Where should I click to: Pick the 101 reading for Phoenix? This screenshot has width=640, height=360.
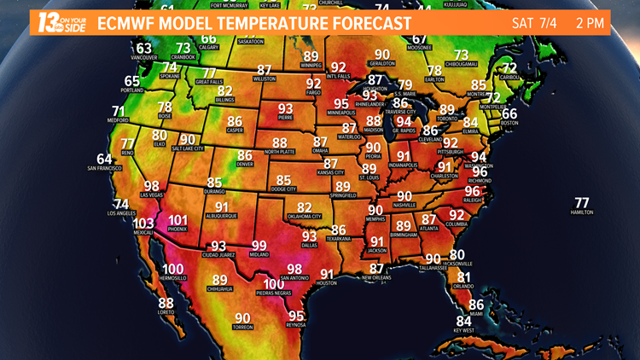[177, 219]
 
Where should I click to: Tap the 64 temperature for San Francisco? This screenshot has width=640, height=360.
[104, 159]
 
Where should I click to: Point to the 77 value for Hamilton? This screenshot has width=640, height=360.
[582, 202]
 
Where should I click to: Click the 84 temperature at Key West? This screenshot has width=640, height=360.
[464, 321]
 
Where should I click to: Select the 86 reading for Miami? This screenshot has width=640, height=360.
[476, 305]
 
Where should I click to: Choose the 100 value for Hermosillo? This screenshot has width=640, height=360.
[172, 269]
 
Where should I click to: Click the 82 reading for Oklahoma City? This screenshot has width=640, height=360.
[304, 207]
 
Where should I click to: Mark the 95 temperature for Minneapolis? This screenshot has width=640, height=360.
[341, 103]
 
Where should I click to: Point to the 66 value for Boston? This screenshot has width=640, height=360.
[509, 113]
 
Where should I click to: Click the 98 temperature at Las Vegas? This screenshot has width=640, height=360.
[152, 185]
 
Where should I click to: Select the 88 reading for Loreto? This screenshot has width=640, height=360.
[166, 303]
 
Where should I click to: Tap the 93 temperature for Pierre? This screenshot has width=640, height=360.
[285, 108]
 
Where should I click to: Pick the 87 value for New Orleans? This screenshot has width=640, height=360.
[375, 268]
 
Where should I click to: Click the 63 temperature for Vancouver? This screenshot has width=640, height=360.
[144, 48]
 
